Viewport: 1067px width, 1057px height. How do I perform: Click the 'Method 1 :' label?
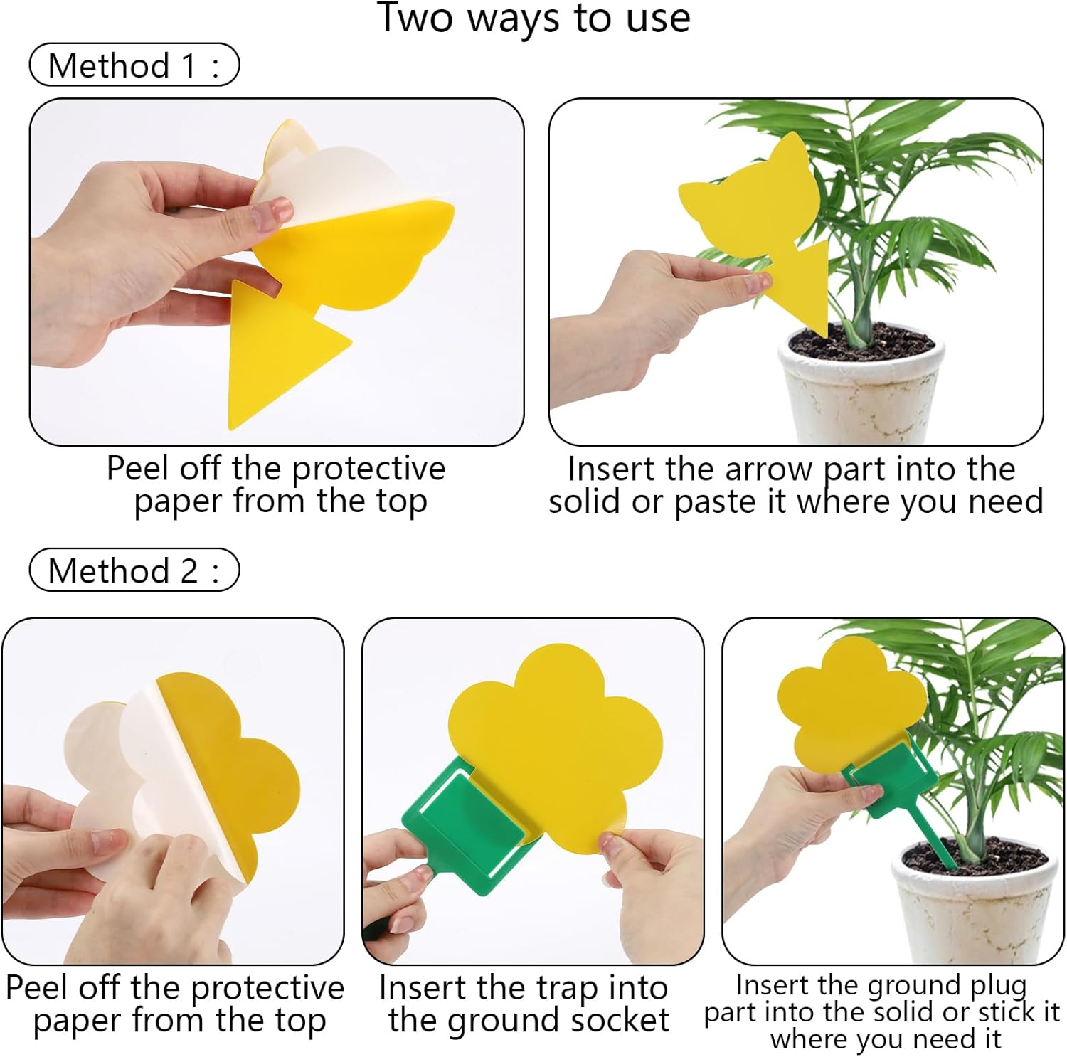pos(134,65)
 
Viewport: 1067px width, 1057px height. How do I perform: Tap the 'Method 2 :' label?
pos(134,570)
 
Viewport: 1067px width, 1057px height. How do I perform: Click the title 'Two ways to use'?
pos(533,18)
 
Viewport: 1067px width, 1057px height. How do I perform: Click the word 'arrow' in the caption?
pos(768,469)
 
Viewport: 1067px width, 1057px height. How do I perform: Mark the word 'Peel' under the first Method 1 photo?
pos(139,468)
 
